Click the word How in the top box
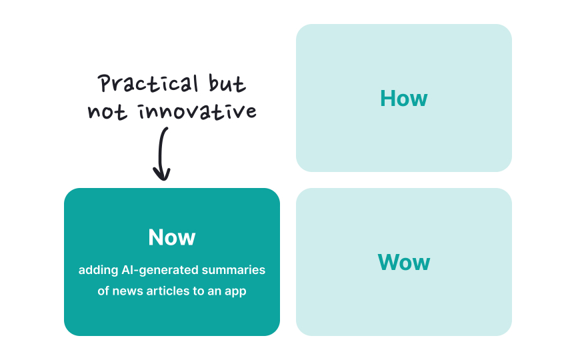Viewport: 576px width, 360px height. tap(404, 99)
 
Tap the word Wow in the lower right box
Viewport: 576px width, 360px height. tap(404, 262)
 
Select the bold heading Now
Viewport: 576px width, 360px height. tap(172, 237)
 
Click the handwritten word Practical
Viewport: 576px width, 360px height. tap(148, 83)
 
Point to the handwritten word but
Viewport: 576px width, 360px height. tap(227, 83)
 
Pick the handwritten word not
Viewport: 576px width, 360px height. tap(107, 111)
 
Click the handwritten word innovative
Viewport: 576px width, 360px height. tap(197, 111)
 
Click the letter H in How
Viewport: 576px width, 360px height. tap(387, 99)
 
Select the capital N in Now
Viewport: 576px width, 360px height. tap(156, 237)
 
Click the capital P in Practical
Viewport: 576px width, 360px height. tap(104, 83)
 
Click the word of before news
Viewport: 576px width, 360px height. tap(103, 291)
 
